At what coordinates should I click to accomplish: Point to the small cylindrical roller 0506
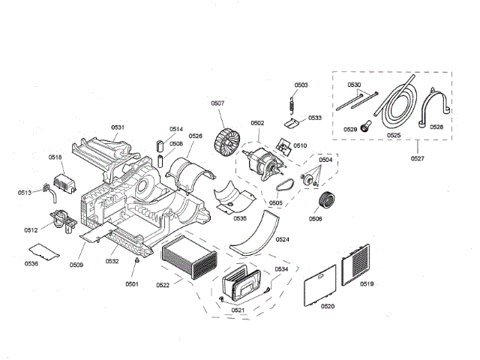point(327,201)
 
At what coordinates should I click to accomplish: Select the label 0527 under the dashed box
point(418,159)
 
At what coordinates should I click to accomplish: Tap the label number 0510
point(300,145)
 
